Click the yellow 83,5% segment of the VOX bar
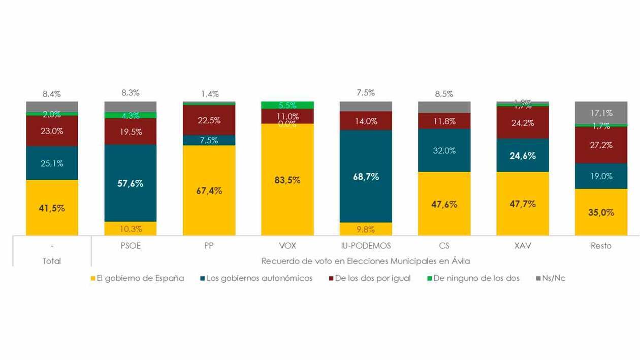287,179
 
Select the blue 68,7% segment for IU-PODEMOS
366,176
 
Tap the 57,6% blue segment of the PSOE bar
131,183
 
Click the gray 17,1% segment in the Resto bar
601,112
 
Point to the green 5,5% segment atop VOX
287,105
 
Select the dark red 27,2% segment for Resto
601,145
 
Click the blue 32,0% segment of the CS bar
444,150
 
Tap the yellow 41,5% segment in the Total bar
52,207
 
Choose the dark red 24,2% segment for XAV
523,122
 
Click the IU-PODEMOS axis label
366,246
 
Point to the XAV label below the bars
523,246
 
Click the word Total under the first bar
52,261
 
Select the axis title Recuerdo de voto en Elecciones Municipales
365,261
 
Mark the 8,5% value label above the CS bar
444,94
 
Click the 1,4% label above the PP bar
209,94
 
